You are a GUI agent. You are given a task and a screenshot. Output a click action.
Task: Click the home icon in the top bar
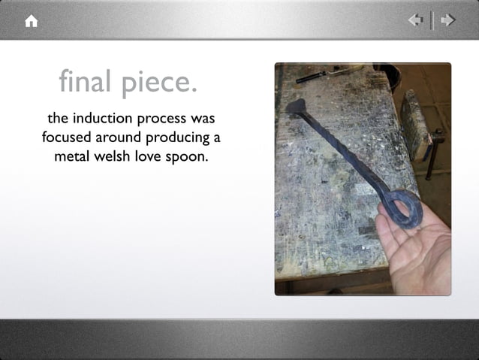tap(31, 21)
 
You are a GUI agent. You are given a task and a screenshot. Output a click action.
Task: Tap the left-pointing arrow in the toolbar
tap(415, 20)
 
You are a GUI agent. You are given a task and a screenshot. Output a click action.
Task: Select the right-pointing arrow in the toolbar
tap(448, 20)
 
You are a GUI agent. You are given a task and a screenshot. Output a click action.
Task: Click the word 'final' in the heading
tap(87, 81)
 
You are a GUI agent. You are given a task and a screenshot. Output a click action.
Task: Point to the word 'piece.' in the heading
tap(159, 83)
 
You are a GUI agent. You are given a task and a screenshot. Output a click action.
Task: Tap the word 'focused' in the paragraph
tap(68, 138)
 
